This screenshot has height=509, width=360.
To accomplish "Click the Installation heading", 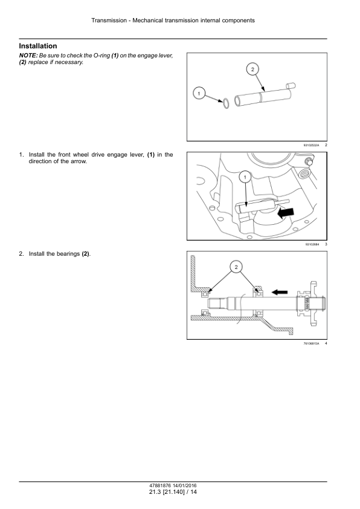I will (x=38, y=46).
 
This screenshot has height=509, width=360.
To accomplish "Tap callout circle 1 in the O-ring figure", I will (x=198, y=93).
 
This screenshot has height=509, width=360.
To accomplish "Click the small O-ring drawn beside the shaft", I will (x=223, y=103).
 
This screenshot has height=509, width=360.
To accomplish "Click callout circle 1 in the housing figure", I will (x=245, y=177).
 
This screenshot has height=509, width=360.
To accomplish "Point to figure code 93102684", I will (x=312, y=244).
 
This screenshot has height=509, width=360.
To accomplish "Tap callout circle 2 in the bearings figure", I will (x=236, y=267).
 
